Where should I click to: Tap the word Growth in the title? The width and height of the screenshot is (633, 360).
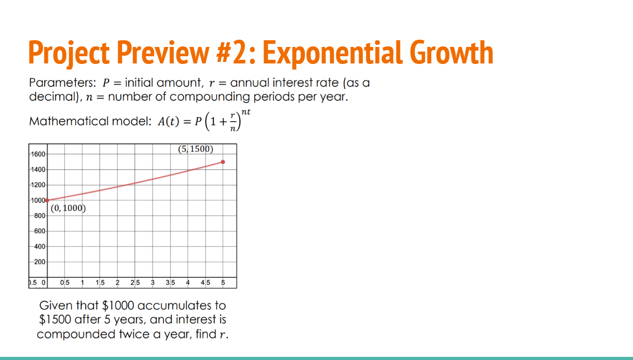click(x=452, y=53)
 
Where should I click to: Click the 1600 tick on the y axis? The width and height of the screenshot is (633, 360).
click(x=39, y=154)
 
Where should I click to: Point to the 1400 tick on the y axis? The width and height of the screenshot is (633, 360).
click(x=39, y=170)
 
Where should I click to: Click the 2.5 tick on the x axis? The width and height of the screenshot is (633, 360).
click(x=135, y=283)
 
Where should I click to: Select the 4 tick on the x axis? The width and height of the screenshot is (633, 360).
click(x=188, y=283)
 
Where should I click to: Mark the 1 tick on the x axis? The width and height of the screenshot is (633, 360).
click(x=82, y=283)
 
